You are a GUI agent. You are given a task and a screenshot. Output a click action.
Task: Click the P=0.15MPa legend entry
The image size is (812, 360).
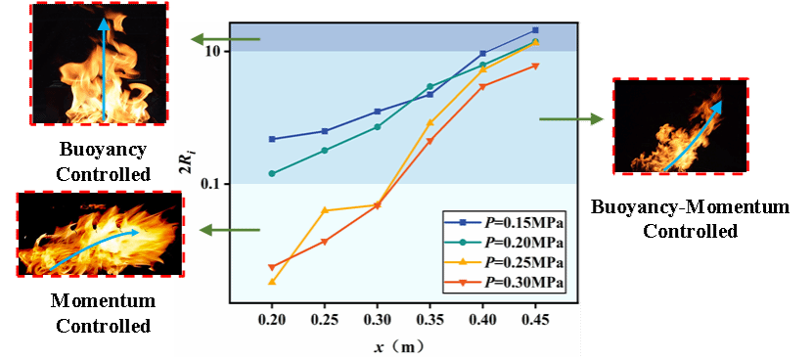click(x=504, y=222)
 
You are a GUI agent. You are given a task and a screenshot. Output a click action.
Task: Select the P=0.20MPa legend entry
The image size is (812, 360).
click(x=504, y=243)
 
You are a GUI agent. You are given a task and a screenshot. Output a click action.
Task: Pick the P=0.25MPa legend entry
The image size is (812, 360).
click(x=504, y=262)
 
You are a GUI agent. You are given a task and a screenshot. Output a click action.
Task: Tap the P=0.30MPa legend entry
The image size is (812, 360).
click(x=504, y=283)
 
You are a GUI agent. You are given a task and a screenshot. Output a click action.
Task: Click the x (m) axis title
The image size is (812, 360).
click(x=402, y=347)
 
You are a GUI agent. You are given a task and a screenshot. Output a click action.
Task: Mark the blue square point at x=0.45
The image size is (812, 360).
click(x=535, y=30)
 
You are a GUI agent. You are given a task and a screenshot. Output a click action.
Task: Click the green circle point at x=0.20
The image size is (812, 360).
click(x=272, y=173)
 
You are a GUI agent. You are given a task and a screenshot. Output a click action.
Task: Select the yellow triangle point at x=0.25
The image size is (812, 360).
click(x=325, y=209)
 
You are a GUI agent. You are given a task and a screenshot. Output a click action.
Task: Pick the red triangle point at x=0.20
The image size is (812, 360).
click(x=272, y=267)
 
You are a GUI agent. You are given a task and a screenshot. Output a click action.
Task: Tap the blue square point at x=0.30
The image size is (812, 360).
click(x=378, y=112)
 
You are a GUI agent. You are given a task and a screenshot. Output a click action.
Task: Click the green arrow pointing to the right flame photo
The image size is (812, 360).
click(x=571, y=119)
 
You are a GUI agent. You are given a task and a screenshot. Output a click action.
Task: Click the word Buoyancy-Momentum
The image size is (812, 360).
click(x=691, y=207)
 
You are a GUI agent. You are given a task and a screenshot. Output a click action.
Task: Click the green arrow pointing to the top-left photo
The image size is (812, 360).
click(x=225, y=39)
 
